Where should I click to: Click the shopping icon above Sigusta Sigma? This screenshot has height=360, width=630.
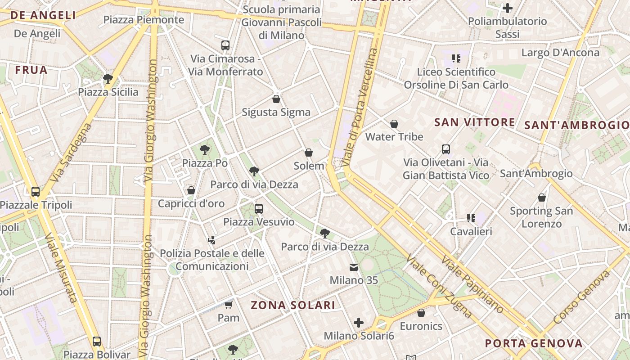click(x=276, y=99)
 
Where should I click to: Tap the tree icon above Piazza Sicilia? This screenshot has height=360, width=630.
click(x=108, y=79)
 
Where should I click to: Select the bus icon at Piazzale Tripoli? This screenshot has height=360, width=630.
click(x=36, y=192)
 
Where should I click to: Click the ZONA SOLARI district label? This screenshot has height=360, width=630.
click(x=293, y=305)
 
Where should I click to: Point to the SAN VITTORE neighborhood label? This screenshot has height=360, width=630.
click(x=475, y=122)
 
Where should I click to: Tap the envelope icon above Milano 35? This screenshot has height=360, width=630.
click(x=354, y=267)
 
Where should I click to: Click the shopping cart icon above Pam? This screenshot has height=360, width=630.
click(x=228, y=305)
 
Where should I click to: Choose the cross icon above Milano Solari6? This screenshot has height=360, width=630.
click(x=359, y=323)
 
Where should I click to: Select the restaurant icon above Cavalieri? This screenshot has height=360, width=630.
click(x=471, y=218)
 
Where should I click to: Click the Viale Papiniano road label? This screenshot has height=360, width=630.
click(x=472, y=284)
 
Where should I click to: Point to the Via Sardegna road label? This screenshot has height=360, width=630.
click(x=71, y=153)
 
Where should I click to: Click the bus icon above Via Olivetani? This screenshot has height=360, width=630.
click(x=445, y=149)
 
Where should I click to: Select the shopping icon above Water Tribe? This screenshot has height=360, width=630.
click(x=394, y=124)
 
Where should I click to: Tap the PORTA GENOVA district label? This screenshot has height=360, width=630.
click(x=533, y=344)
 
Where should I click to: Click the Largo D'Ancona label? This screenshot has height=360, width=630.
click(x=560, y=53)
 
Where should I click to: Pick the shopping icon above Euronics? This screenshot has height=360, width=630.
click(x=421, y=313)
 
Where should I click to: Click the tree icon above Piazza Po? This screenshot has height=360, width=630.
click(x=205, y=150)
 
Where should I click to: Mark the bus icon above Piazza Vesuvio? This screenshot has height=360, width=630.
click(x=258, y=209)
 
